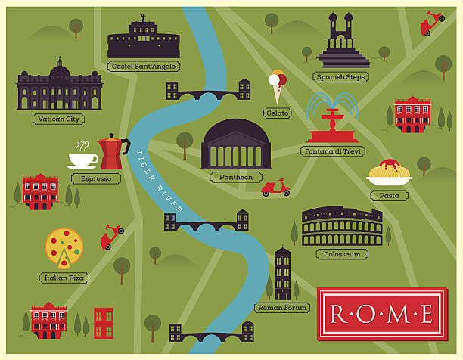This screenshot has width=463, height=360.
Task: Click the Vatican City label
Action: [x=58, y=119]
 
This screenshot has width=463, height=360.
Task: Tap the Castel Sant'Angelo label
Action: [x=143, y=66]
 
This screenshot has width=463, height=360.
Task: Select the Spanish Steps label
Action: [x=340, y=76]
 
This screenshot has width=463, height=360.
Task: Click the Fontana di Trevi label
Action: [x=333, y=151]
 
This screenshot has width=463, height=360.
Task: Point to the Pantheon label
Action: [x=235, y=177]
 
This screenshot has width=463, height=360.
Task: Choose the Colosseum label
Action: [x=342, y=254]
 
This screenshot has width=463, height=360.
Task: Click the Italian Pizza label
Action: [x=64, y=278]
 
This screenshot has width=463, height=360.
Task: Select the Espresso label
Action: [x=96, y=178]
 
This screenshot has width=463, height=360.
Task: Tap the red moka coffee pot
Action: [x=113, y=154]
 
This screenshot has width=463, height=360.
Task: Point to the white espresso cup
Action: [x=82, y=159]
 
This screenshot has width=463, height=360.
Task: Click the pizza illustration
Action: [x=64, y=247]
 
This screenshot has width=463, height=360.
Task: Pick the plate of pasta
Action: [x=389, y=174]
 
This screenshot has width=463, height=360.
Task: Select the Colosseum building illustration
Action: [x=342, y=226]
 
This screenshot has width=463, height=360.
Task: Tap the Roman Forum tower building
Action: [x=283, y=273]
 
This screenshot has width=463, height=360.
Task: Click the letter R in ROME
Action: [x=335, y=313]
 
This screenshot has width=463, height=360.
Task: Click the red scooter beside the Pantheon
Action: [x=275, y=188]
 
